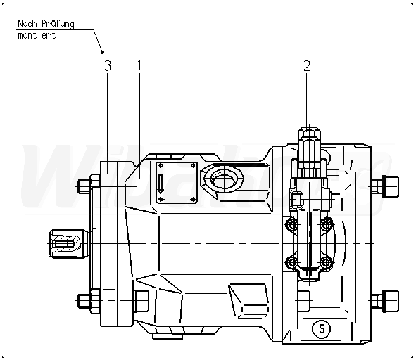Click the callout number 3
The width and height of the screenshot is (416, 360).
[108, 66]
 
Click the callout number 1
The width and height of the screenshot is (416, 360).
[139, 66]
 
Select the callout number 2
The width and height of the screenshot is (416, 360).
[307, 66]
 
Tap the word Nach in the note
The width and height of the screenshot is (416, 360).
[27, 24]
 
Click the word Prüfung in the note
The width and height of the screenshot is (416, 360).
[58, 24]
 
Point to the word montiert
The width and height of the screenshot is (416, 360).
[37, 35]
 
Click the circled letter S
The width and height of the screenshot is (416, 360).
[322, 329]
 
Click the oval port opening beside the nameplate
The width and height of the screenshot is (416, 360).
[224, 178]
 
